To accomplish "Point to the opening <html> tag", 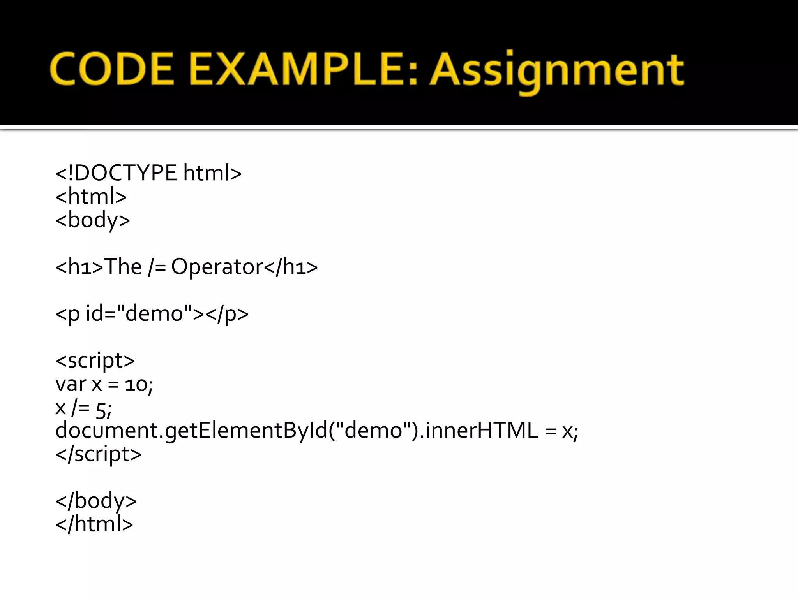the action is (91, 196).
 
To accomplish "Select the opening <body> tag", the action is (93, 220).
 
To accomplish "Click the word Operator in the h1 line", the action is (217, 267).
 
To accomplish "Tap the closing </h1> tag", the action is (291, 267).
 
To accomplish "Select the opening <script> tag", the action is (95, 361).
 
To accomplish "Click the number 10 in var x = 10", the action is (136, 385).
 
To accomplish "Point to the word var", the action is (71, 385).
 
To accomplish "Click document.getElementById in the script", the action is (191, 431).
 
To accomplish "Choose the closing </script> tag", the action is (99, 454).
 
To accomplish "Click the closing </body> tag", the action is (96, 501).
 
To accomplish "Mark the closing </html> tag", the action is (95, 524).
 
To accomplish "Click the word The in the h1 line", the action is (123, 267).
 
